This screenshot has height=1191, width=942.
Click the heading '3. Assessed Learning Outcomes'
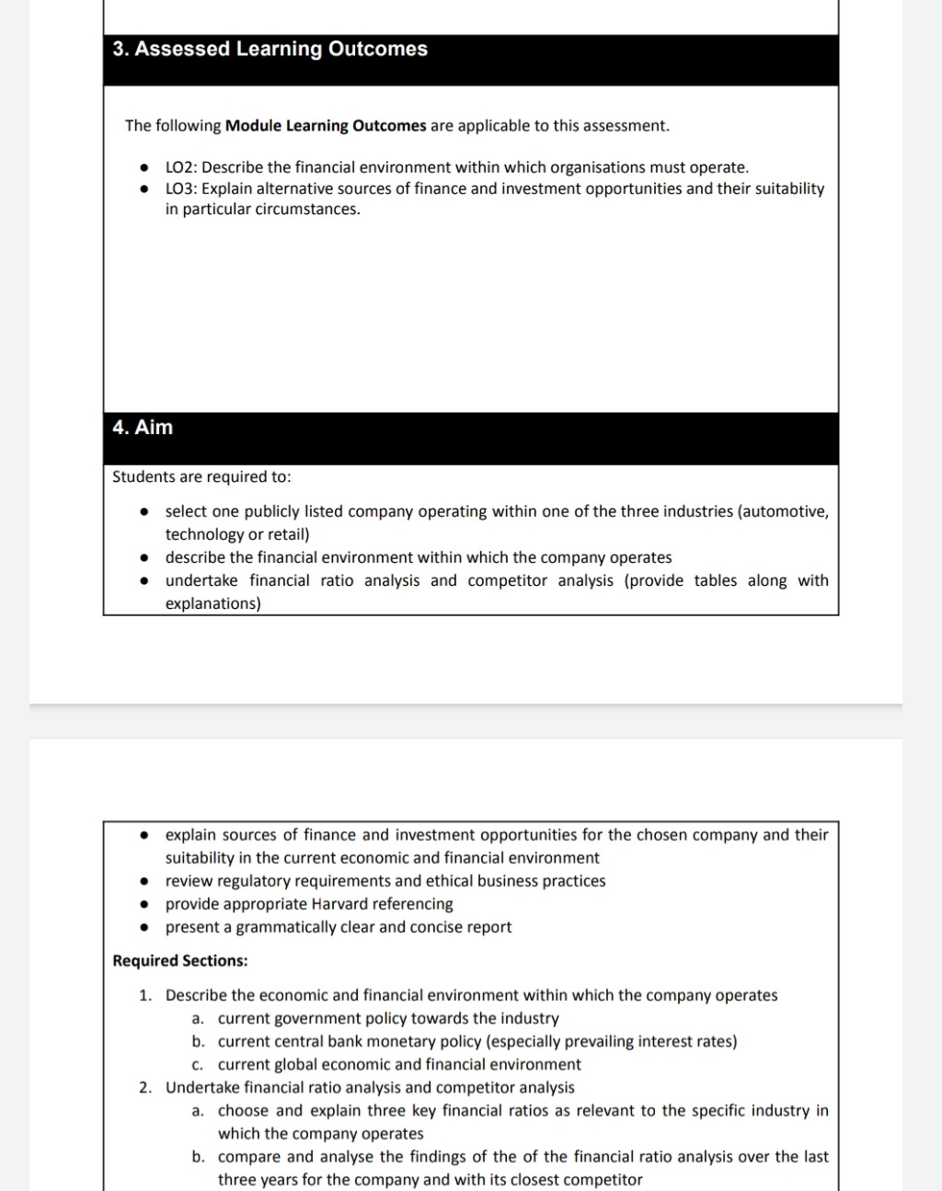coord(270,50)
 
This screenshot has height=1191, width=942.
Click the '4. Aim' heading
coord(143,428)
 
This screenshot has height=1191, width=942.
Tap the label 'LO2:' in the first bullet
coord(181,167)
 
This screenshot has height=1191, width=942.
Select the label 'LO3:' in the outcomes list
coord(181,189)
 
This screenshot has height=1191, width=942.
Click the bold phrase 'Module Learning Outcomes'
coord(326,126)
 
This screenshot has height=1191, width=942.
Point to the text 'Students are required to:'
coord(201,477)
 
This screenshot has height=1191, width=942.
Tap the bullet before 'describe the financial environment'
coord(144,558)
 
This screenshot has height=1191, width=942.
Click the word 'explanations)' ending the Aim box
coord(213,604)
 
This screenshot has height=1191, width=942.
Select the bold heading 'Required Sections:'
coord(179,961)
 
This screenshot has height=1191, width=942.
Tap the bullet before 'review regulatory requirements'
coord(144,881)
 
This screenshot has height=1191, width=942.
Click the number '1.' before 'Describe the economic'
coord(145,996)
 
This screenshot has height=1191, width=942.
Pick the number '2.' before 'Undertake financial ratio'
coord(145,1088)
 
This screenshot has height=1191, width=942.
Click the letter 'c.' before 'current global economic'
coord(198,1065)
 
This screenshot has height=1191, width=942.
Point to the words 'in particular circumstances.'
coord(263,210)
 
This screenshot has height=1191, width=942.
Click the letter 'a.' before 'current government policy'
coord(198,1019)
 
